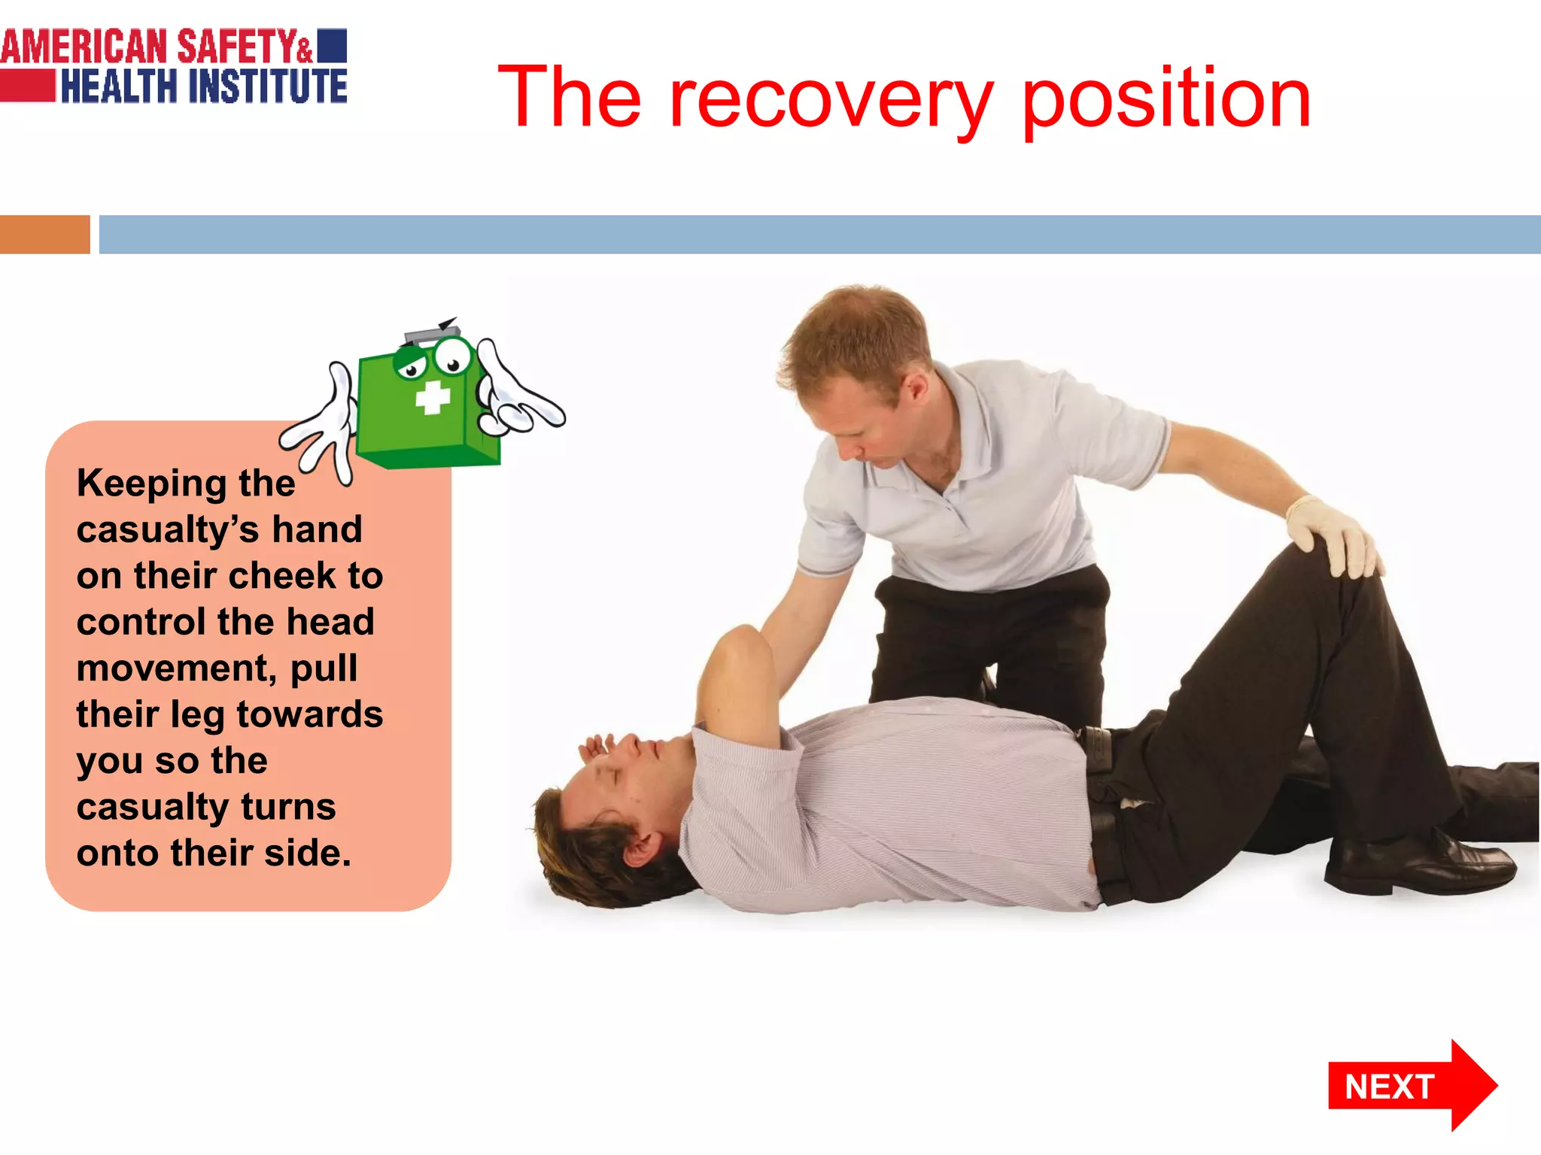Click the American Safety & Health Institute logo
(x=173, y=66)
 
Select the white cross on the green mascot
(x=433, y=397)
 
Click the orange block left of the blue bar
(x=44, y=235)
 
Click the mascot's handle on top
(x=433, y=333)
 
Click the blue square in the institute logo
(x=332, y=45)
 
